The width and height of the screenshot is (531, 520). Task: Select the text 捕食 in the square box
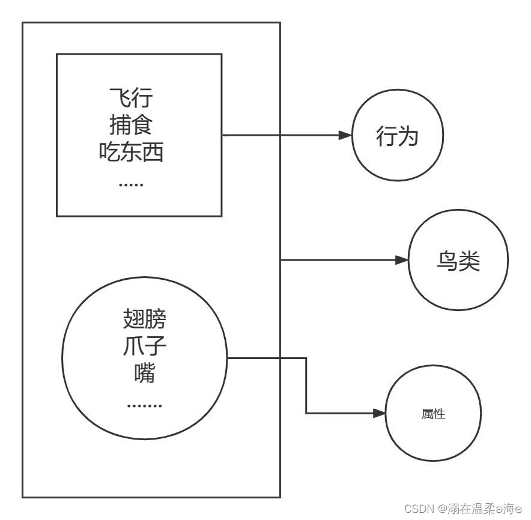(132, 125)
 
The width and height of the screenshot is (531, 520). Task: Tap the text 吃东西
(132, 154)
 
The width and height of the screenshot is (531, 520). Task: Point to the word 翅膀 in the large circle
(144, 319)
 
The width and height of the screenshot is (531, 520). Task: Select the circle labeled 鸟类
(458, 262)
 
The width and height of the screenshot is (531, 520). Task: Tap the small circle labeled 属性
(432, 414)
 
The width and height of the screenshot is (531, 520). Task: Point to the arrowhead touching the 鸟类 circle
(402, 261)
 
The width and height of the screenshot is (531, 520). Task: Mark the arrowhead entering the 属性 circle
(378, 414)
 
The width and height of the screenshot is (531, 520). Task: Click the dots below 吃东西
(131, 184)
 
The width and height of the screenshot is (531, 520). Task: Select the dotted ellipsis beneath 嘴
(145, 406)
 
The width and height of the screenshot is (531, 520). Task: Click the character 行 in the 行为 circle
(386, 138)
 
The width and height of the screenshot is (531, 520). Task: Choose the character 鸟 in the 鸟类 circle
(446, 262)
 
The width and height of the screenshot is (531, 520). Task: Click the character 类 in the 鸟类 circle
(469, 262)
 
